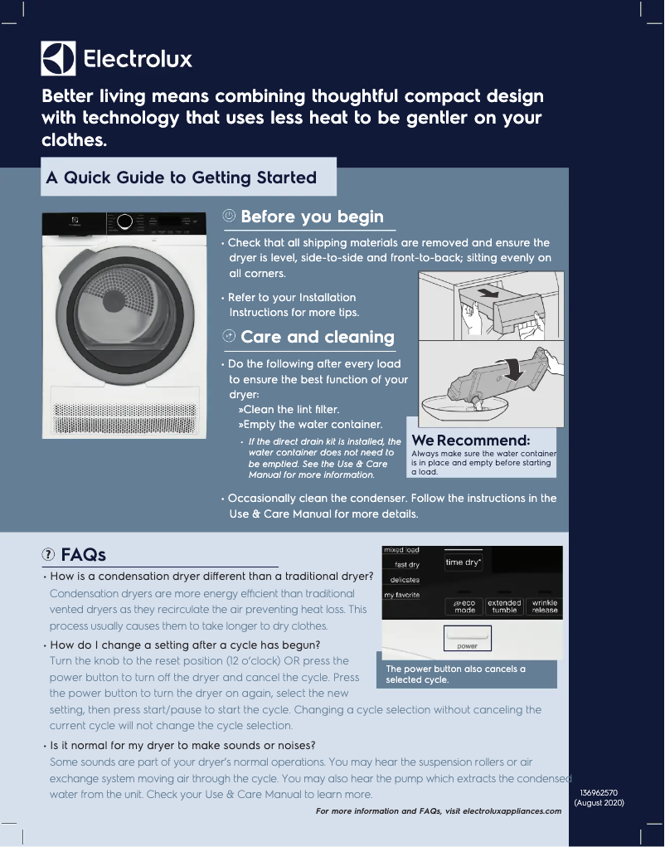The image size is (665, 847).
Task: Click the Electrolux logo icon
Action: (x=58, y=58)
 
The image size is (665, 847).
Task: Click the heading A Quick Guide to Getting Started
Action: (x=181, y=178)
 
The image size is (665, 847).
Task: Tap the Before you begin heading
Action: (x=312, y=217)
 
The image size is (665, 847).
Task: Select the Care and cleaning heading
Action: (x=317, y=337)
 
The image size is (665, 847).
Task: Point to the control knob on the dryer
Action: (x=124, y=221)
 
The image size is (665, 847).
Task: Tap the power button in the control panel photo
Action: (x=468, y=638)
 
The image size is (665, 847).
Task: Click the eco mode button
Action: (x=464, y=606)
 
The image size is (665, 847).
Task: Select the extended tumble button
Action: (x=504, y=606)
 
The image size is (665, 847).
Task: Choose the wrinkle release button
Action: (x=544, y=606)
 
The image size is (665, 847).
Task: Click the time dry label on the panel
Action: (x=463, y=562)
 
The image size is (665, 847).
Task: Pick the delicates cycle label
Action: (x=405, y=580)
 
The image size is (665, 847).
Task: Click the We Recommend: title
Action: (x=470, y=440)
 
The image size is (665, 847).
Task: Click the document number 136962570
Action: (x=599, y=793)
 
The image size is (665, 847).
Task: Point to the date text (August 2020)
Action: (x=599, y=803)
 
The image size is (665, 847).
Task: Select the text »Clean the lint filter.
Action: (x=289, y=409)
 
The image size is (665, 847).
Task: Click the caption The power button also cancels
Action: (x=455, y=674)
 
